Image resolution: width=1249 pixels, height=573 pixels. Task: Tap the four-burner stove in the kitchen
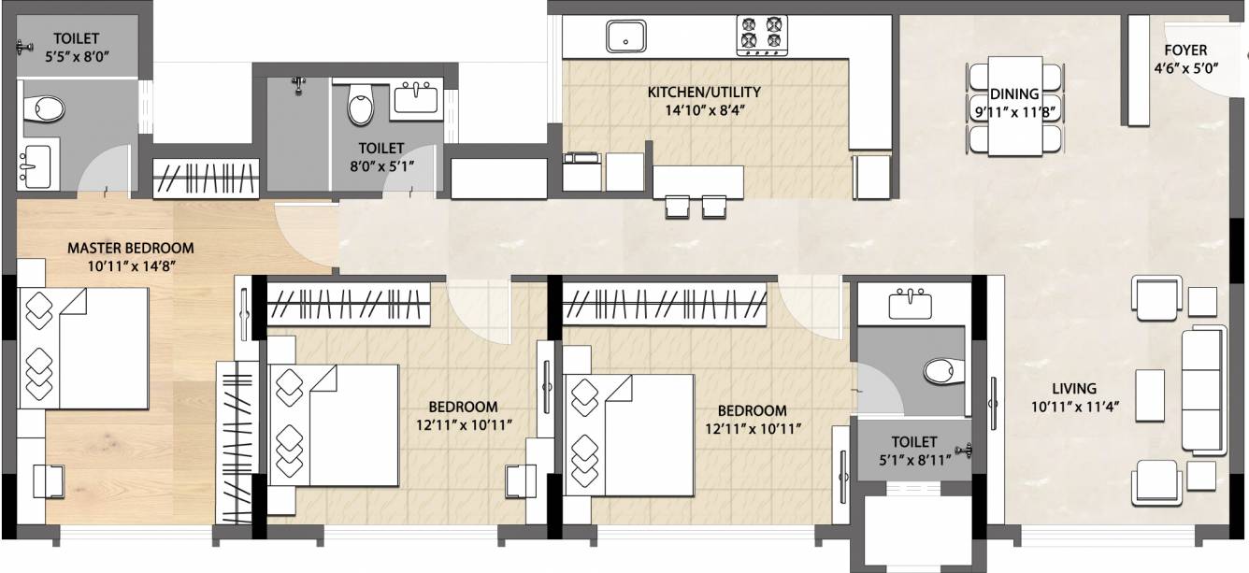762,35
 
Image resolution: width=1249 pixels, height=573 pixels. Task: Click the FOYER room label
1184,50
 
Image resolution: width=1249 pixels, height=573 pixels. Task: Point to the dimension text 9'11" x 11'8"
1014,111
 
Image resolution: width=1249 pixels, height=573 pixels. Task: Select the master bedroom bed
84,348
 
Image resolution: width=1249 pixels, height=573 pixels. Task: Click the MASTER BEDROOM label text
130,249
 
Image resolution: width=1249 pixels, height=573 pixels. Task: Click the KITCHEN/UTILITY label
704,93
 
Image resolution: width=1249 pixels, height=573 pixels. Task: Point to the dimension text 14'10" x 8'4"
704,109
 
